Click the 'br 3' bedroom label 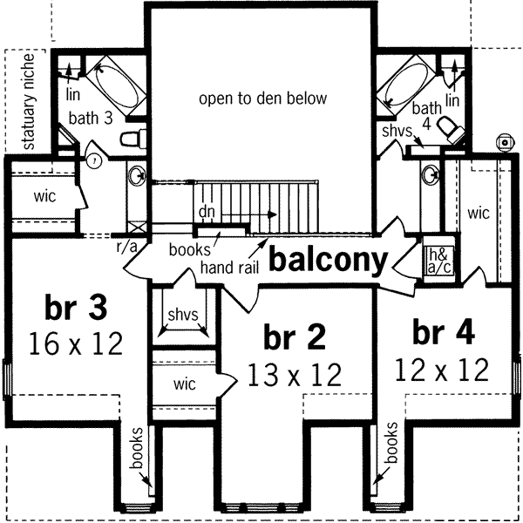(x=74, y=309)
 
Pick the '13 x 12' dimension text (x=294, y=375)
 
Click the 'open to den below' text (x=262, y=98)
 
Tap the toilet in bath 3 (x=132, y=137)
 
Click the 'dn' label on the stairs (x=207, y=211)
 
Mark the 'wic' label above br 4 (x=479, y=213)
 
